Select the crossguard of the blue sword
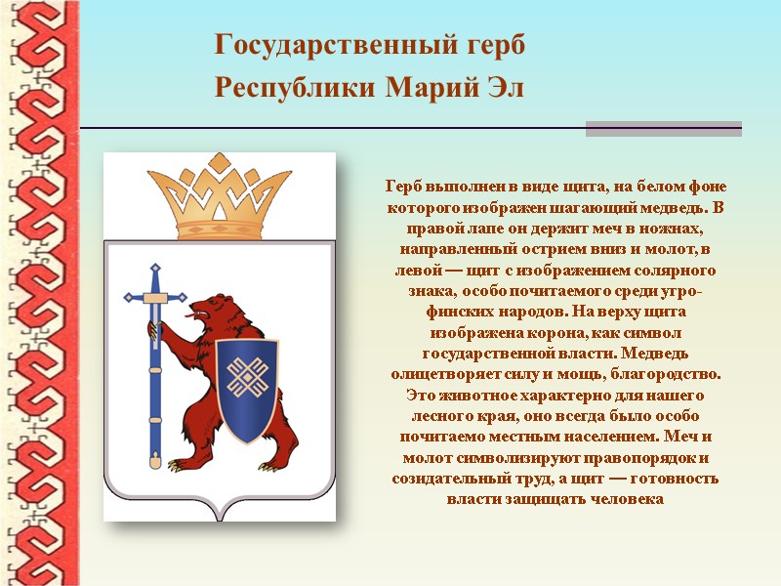[x=152, y=296]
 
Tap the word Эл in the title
[x=505, y=88]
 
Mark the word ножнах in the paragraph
[x=672, y=228]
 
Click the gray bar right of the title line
[x=663, y=128]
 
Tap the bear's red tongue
[x=185, y=316]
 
